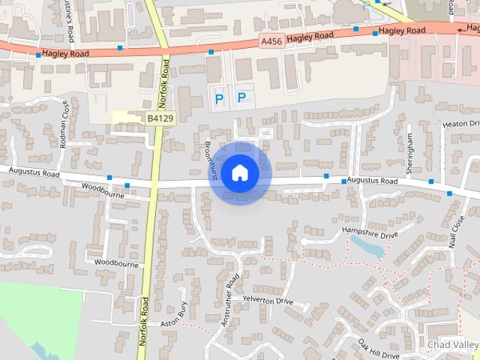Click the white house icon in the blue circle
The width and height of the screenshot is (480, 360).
(x=239, y=172)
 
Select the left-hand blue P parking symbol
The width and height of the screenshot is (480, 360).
(x=219, y=98)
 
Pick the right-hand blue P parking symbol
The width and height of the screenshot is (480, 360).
(x=241, y=97)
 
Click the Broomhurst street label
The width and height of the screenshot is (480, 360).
(x=211, y=160)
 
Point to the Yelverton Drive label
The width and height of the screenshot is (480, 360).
(x=268, y=300)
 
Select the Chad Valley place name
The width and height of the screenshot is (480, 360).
(x=452, y=344)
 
